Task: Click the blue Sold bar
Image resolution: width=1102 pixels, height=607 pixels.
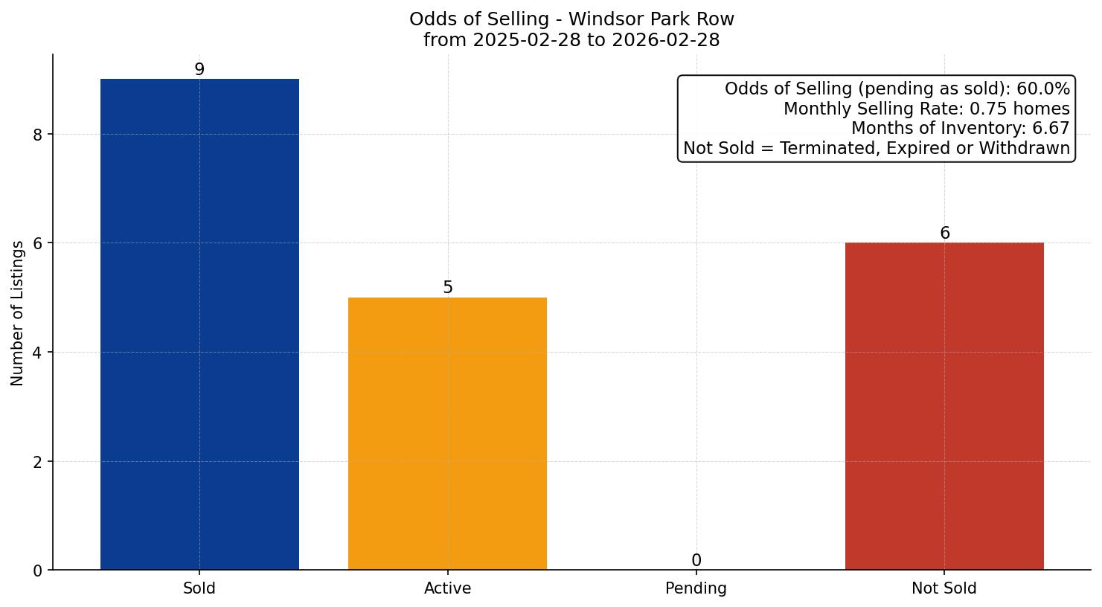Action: (199, 324)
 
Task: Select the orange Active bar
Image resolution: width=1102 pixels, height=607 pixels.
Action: (447, 434)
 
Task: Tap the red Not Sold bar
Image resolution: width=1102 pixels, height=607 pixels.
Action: (944, 406)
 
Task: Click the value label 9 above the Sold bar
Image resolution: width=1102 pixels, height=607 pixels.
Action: (199, 69)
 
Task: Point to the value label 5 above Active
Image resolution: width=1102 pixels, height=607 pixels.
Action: (447, 287)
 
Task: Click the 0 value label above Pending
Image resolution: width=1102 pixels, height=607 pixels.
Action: (696, 560)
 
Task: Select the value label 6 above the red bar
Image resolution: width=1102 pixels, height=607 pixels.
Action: (944, 233)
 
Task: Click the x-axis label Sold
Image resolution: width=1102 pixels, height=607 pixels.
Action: (199, 588)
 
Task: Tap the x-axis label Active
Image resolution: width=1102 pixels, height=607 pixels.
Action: (447, 588)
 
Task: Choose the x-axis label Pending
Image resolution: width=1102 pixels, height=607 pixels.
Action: (696, 588)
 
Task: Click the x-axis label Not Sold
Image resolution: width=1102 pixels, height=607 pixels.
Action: (944, 588)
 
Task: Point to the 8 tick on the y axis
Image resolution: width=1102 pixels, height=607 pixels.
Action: (39, 134)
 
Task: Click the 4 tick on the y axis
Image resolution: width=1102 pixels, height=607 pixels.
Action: (39, 352)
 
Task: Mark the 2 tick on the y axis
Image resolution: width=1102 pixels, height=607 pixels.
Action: (39, 461)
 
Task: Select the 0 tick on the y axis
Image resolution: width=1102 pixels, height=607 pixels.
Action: (39, 571)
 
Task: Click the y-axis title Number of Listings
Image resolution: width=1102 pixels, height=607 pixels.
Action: (18, 312)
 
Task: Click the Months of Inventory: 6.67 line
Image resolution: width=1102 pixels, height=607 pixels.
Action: (960, 129)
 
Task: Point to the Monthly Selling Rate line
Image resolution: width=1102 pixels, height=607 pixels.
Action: (926, 109)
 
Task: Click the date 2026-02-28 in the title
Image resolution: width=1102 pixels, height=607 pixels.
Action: (666, 40)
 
